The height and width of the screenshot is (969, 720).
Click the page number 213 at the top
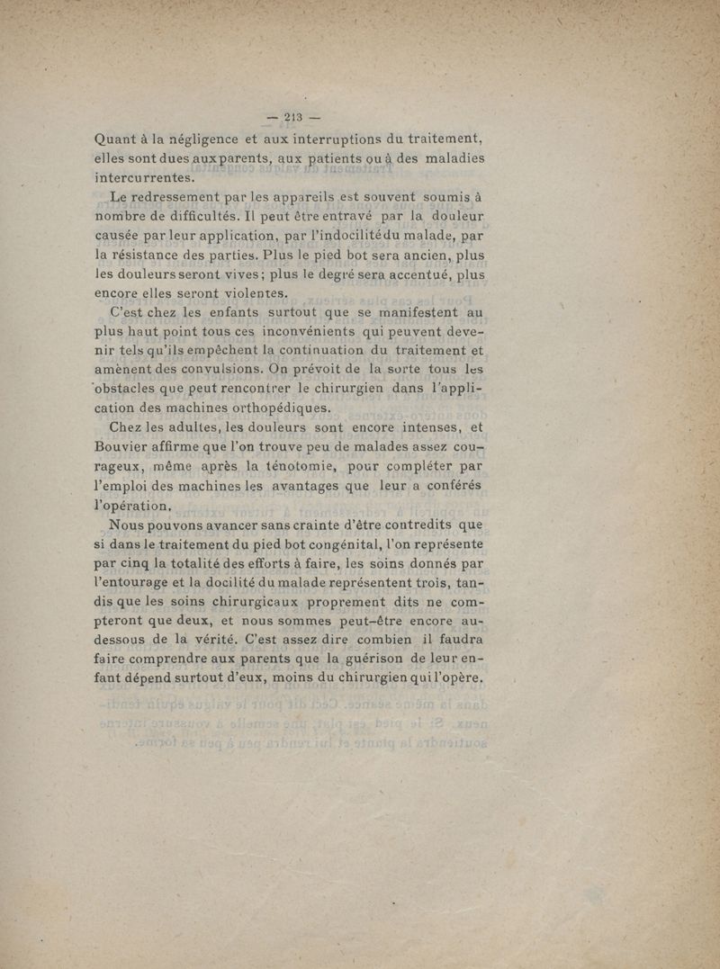[293, 116]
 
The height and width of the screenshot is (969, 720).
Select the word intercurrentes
[145, 177]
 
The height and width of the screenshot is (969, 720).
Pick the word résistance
[155, 255]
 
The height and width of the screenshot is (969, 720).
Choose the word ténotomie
[294, 466]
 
